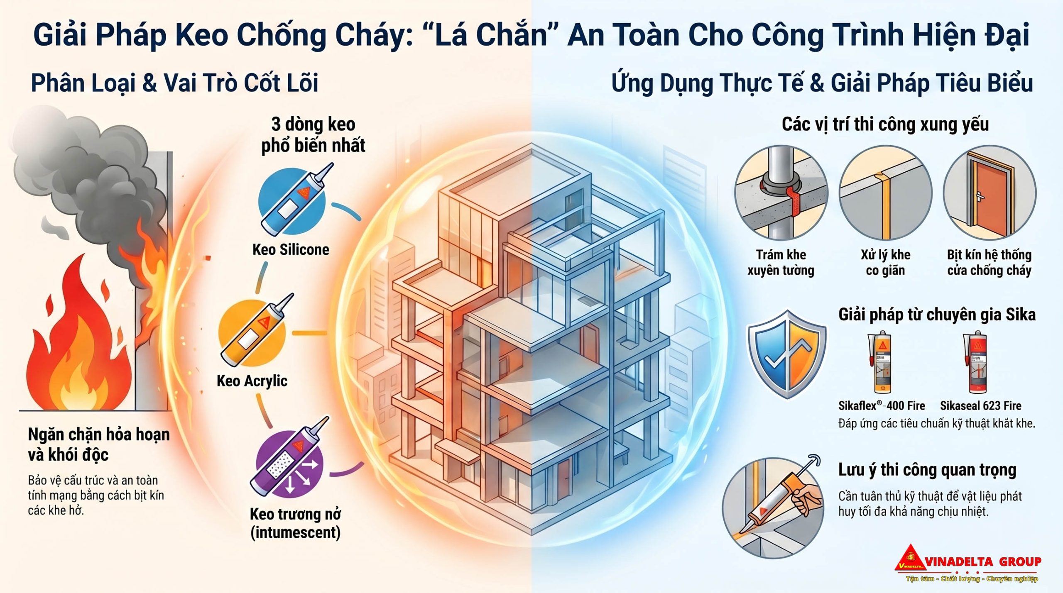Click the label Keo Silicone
tap(291, 249)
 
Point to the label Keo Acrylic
tap(252, 381)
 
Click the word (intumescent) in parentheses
tap(295, 532)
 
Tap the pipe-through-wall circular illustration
tap(781, 193)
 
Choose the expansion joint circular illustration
tap(885, 193)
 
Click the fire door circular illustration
tap(990, 193)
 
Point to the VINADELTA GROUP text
tap(983, 562)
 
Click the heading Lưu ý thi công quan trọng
tap(927, 470)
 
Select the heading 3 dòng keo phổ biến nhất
tap(313, 135)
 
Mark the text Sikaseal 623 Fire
tap(980, 405)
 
